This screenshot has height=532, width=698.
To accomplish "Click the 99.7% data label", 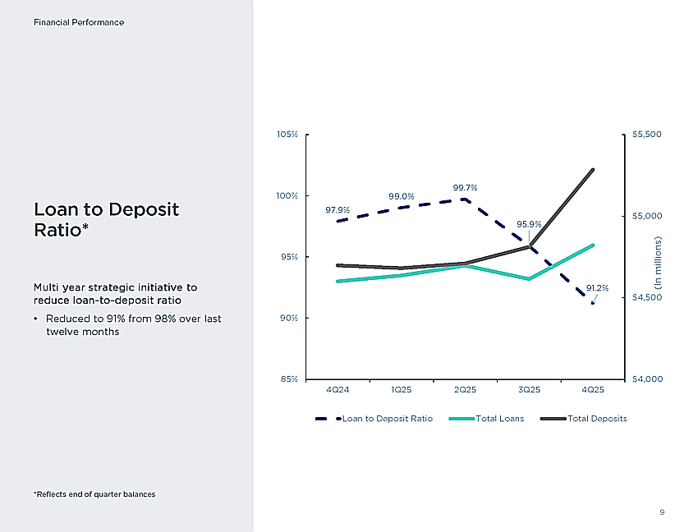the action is [465, 188].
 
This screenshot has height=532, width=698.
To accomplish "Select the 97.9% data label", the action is [338, 209].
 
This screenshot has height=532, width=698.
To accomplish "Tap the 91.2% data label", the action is [597, 288].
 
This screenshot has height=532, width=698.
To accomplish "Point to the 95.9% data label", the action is [529, 224].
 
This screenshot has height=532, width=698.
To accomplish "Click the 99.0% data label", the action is [401, 196].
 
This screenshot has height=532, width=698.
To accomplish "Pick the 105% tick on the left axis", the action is [287, 135].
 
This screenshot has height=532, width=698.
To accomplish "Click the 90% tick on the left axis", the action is [289, 318].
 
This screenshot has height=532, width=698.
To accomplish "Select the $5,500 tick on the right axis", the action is [647, 135].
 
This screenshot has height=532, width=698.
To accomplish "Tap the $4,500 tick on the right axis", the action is [647, 297].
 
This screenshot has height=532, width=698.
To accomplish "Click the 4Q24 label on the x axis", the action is [338, 389].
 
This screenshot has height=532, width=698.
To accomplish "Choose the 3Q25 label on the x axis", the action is [529, 389].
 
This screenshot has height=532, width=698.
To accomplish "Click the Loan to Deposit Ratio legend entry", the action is [374, 419].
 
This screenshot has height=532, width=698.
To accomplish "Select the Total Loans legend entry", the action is [487, 419].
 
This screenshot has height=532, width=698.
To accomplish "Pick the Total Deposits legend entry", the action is [583, 419].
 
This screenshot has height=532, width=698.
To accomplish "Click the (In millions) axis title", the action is [658, 262].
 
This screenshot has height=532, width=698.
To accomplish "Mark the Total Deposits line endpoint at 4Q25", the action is [593, 170].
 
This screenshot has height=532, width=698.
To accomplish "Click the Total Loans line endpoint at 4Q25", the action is [593, 245].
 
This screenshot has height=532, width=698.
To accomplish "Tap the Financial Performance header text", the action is [79, 22].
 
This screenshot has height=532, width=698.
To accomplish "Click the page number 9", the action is [662, 512].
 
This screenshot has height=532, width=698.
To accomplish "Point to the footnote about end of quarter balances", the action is [94, 494].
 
